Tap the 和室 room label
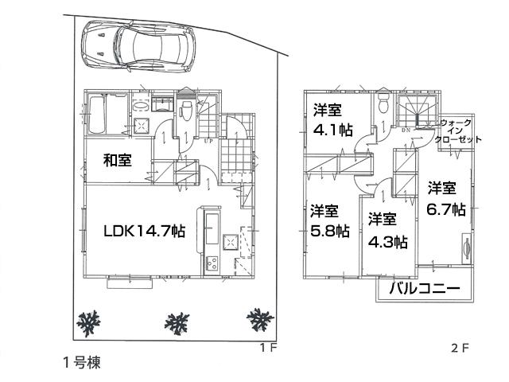117,160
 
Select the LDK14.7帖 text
144,231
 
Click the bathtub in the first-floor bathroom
103,116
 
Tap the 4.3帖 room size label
387,242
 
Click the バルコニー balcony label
425,290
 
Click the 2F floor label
460,347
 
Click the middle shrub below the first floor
177,322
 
